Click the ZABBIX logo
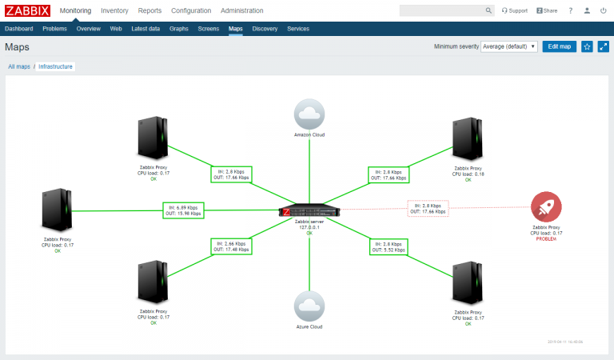[x=28, y=10]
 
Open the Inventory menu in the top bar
[x=114, y=10]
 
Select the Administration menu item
[x=241, y=10]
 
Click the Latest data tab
[x=146, y=29]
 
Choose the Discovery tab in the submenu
[x=265, y=29]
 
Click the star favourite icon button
[x=587, y=46]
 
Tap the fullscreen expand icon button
[x=603, y=46]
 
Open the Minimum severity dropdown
[x=509, y=46]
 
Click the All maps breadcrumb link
[x=19, y=66]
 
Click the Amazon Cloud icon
[x=309, y=114]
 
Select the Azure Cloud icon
[x=309, y=306]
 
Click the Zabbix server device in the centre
[x=309, y=212]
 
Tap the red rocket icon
[x=546, y=207]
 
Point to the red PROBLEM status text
[x=546, y=239]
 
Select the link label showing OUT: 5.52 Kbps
[x=388, y=250]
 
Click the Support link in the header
[x=514, y=10]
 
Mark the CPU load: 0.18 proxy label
[x=468, y=174]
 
